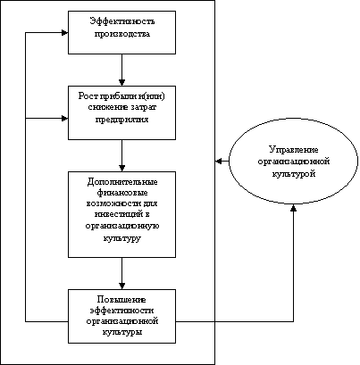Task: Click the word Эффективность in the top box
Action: (x=122, y=21)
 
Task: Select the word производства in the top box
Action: (x=122, y=34)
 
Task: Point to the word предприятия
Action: (x=121, y=120)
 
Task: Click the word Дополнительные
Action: (x=122, y=182)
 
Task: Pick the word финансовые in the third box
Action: (x=122, y=193)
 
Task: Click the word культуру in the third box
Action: (x=122, y=238)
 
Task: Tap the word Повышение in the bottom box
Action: (x=121, y=299)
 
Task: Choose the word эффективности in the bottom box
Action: (x=121, y=311)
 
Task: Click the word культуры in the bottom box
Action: (x=122, y=332)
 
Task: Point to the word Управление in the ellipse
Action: (x=294, y=150)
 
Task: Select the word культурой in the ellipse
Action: (x=294, y=173)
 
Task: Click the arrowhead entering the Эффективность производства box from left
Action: (x=65, y=32)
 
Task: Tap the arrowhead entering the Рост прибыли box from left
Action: (x=65, y=119)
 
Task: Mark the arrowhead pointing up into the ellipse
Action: (x=294, y=207)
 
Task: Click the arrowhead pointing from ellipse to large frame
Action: (x=219, y=162)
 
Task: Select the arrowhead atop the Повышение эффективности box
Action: (x=121, y=286)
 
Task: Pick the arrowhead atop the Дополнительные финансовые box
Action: (x=121, y=168)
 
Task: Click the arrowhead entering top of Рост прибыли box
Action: (x=121, y=82)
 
